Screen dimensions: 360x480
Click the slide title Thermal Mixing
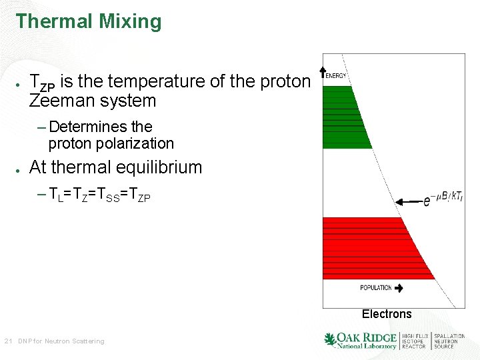tap(89, 21)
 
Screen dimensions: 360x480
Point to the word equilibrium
tap(159, 167)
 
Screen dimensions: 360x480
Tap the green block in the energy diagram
tap(345, 117)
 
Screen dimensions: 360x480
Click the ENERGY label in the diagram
tap(336, 76)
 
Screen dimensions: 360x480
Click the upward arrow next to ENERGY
tap(323, 71)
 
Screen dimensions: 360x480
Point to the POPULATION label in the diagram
tap(375, 288)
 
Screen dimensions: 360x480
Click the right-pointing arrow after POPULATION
tap(399, 288)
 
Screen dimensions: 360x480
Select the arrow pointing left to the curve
tap(407, 200)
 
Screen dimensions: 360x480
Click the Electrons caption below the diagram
tap(387, 314)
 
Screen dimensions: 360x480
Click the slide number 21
tap(8, 341)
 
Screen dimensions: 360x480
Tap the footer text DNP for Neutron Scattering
tap(61, 341)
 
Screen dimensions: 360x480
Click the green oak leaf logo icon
tap(330, 340)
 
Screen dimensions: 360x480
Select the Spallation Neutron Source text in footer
tap(449, 341)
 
